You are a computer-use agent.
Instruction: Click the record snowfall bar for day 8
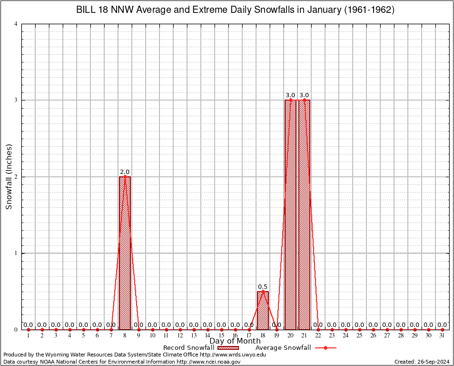[125, 253]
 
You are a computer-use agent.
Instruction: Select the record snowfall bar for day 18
[263, 310]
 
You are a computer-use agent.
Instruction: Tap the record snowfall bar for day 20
[290, 214]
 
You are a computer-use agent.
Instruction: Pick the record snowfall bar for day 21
[304, 214]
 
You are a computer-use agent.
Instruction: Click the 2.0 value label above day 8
[125, 172]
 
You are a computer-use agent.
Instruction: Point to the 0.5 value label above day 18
[263, 286]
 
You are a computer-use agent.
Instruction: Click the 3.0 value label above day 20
[290, 95]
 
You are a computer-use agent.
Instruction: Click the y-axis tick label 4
[16, 24]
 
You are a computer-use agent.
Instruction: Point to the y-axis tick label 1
[16, 253]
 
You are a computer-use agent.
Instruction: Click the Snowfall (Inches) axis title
[9, 177]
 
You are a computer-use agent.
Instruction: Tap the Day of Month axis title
[235, 341]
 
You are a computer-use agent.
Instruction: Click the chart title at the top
[235, 10]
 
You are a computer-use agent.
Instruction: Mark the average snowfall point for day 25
[359, 329]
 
